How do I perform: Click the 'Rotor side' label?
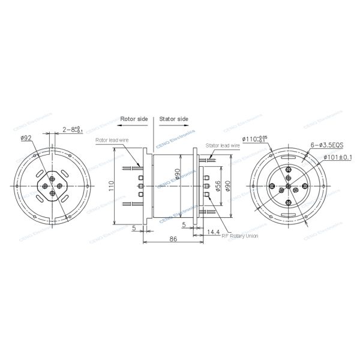(133, 119)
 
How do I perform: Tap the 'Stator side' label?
(175, 119)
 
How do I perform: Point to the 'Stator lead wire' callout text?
(223, 145)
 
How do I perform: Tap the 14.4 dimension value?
(213, 231)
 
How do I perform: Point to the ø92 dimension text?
(26, 138)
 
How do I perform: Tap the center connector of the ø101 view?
(289, 186)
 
